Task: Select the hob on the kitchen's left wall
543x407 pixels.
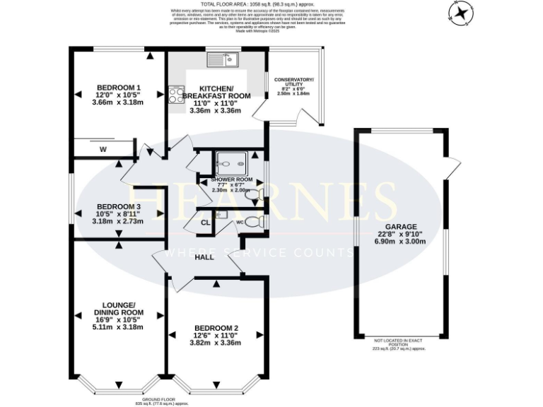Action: point(174,95)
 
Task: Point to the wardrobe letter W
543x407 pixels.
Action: point(103,149)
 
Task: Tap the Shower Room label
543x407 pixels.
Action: point(231,180)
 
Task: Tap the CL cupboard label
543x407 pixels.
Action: point(205,223)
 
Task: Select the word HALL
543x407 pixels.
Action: point(204,257)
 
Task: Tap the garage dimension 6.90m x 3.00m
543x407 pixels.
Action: point(400,241)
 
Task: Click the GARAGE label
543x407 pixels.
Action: point(400,226)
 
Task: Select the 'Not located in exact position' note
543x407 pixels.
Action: point(399,341)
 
